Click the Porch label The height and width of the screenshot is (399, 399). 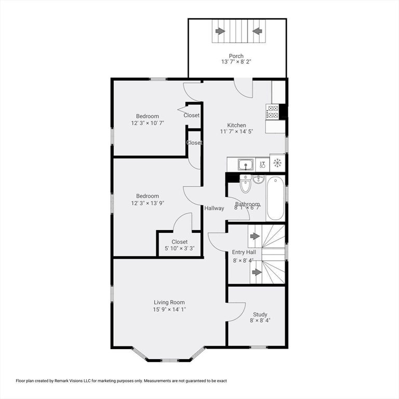pos(236,56)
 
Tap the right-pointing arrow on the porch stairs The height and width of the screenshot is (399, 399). pos(220,31)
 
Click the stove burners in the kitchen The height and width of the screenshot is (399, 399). pos(272,111)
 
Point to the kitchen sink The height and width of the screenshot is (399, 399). pos(245,165)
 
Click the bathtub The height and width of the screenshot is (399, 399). pos(275,198)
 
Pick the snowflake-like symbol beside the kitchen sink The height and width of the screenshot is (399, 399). pos(277,163)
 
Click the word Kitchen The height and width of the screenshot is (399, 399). pos(236,125)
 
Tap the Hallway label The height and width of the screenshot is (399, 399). pos(214,208)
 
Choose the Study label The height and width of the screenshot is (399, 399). pos(260,314)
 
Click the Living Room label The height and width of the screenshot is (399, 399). pos(169,302)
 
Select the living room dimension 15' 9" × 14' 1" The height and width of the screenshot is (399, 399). pos(169,309)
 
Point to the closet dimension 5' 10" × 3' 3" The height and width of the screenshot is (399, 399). pos(179,248)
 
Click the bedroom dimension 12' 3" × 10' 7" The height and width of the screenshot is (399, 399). pos(148,123)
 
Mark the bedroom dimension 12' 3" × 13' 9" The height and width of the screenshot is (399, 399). pos(148,203)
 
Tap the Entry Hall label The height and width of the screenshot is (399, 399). pos(244,252)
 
